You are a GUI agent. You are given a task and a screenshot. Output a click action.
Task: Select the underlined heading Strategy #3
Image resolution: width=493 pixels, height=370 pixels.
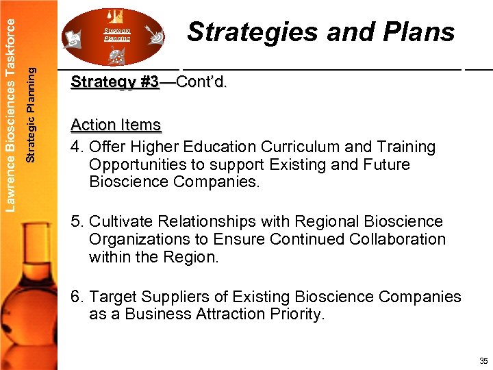[x=115, y=83]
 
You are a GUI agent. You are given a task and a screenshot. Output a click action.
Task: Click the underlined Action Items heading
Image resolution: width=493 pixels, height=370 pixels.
[x=116, y=125]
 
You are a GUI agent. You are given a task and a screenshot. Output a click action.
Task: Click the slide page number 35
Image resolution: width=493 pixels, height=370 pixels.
[x=483, y=361]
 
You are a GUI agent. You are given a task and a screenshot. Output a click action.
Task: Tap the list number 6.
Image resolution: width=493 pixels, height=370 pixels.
[x=75, y=297]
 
